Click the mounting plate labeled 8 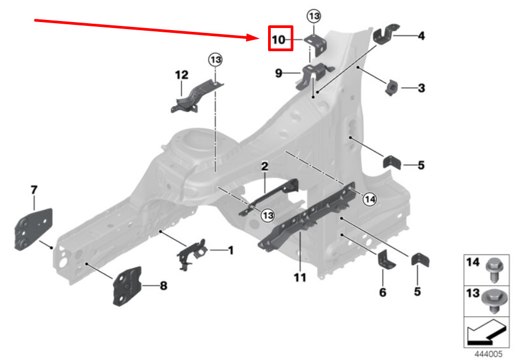point(127,286)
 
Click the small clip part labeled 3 point(391,87)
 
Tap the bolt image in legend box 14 point(492,269)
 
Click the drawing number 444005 point(488,354)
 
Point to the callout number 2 point(265,167)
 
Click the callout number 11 point(300,278)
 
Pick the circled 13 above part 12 point(215,59)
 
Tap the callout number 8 point(163,286)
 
